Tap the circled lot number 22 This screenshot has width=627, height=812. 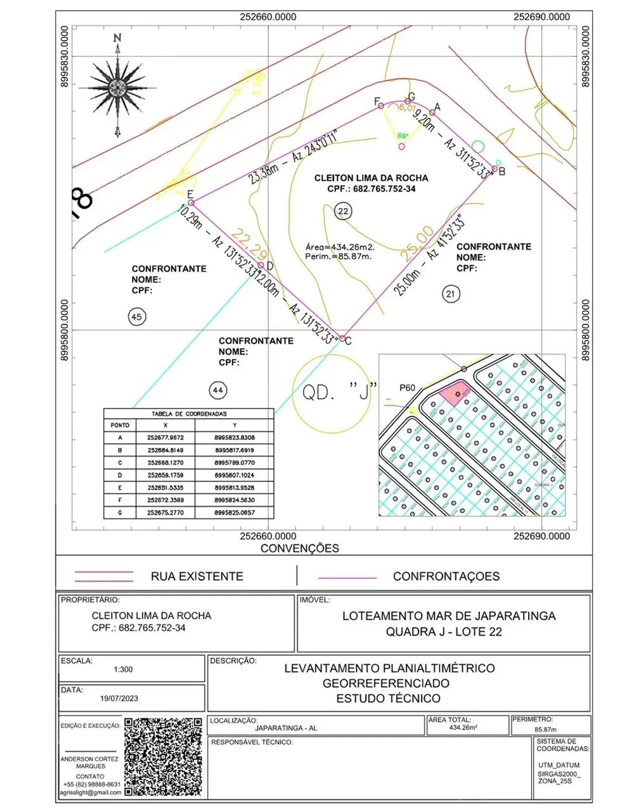[x=343, y=212]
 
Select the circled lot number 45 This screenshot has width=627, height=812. [x=137, y=317]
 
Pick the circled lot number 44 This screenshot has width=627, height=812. [x=218, y=390]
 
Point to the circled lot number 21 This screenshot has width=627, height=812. [x=450, y=294]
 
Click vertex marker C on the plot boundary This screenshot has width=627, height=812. [x=342, y=339]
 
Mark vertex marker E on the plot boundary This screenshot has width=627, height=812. [x=191, y=203]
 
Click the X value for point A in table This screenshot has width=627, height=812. [x=165, y=438]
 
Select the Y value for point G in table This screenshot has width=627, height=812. [x=235, y=512]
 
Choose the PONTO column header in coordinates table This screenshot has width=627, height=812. [x=120, y=425]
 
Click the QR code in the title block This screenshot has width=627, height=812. [x=164, y=757]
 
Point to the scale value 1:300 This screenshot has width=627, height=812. [x=123, y=669]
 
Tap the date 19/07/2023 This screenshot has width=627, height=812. [x=119, y=698]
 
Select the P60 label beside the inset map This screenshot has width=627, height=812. [x=406, y=388]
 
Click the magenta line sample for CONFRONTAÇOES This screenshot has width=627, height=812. [x=347, y=578]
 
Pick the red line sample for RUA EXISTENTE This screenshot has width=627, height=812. [x=104, y=576]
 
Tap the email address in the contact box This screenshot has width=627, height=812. [x=90, y=792]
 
